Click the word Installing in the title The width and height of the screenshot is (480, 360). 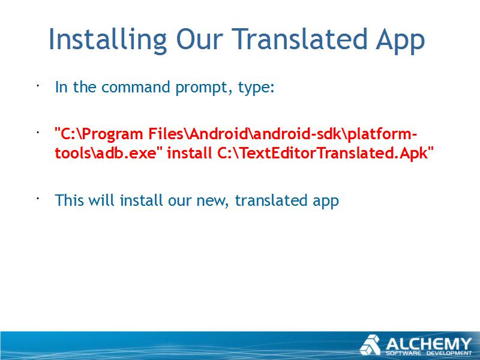point(107,40)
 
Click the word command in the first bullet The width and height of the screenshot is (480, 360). point(136,86)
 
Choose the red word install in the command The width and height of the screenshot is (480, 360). point(190,152)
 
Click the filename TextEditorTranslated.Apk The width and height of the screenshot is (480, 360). point(325,153)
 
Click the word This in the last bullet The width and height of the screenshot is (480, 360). point(70,200)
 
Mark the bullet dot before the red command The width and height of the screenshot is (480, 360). point(38,132)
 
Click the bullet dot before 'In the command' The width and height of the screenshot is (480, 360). point(38,85)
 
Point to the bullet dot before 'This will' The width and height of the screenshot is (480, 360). point(38,199)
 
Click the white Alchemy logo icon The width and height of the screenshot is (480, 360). point(370,344)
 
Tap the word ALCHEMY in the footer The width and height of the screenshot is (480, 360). point(428,344)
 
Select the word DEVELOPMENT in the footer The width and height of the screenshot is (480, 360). point(449,353)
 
